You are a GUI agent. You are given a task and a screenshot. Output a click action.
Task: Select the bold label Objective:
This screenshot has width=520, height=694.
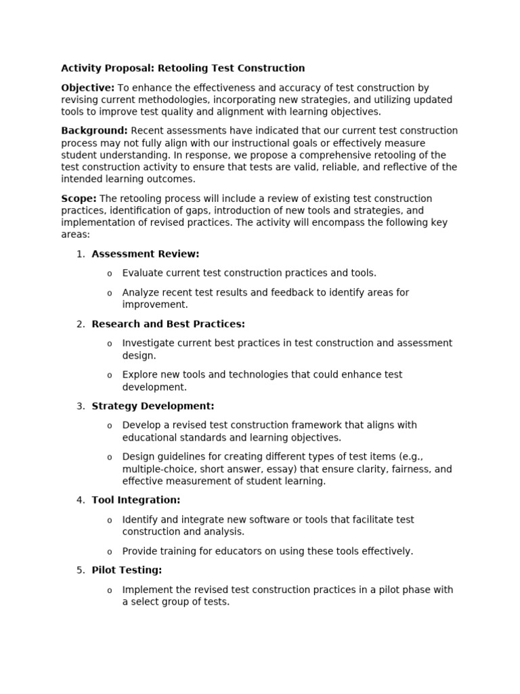tap(88, 88)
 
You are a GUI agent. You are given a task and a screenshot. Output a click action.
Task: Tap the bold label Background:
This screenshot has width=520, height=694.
tap(94, 131)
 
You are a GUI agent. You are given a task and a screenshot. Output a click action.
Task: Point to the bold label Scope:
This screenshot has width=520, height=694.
tap(79, 199)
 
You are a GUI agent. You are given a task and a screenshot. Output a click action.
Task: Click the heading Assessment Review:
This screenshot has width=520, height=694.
tap(146, 254)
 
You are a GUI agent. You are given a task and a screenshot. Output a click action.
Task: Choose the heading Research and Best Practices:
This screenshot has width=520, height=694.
tap(168, 324)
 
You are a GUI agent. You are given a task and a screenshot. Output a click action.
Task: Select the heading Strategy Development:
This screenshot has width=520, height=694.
tap(153, 406)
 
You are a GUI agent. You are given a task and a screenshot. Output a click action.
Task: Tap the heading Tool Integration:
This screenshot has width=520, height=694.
tap(136, 500)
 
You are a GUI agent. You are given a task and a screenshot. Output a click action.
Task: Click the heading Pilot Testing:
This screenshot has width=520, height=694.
tap(127, 570)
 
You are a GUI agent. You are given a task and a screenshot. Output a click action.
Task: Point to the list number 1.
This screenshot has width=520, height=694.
tap(80, 254)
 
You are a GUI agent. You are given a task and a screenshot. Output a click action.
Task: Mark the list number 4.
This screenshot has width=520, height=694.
tap(80, 500)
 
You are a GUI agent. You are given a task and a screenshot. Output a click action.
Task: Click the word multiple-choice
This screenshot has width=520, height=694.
tap(156, 469)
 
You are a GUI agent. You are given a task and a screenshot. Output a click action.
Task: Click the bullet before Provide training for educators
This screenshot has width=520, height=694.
tap(110, 552)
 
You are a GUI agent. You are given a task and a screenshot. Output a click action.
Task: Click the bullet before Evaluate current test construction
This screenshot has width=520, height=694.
tap(110, 274)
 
